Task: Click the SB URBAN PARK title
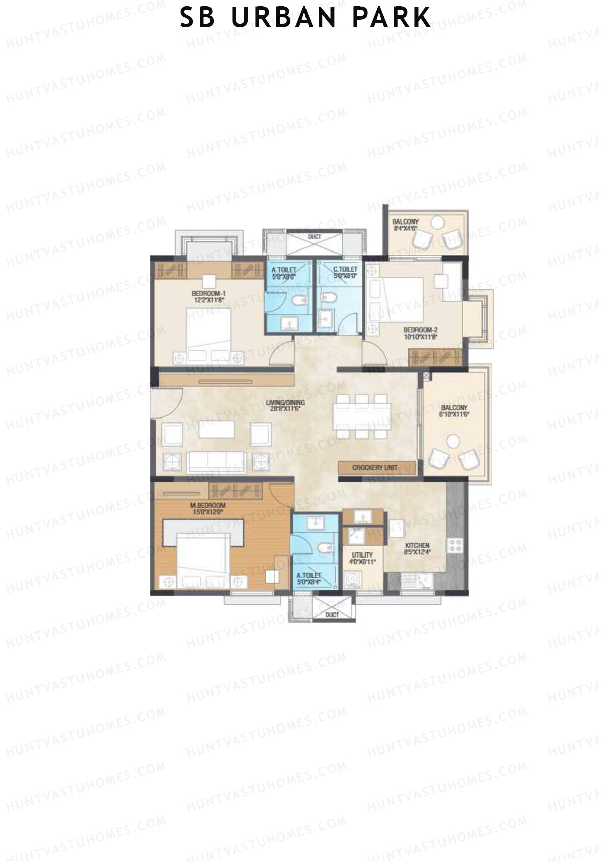pos(305,18)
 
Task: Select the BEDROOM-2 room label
pos(421,332)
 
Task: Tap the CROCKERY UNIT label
pos(374,467)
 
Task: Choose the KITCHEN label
pos(417,548)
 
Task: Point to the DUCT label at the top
pos(315,237)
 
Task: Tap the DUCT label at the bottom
pos(332,615)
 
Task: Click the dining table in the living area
pos(363,416)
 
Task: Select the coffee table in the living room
pos(217,429)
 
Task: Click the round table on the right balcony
pos(454,441)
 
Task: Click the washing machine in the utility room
pos(351,580)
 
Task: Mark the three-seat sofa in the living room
pos(217,462)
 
